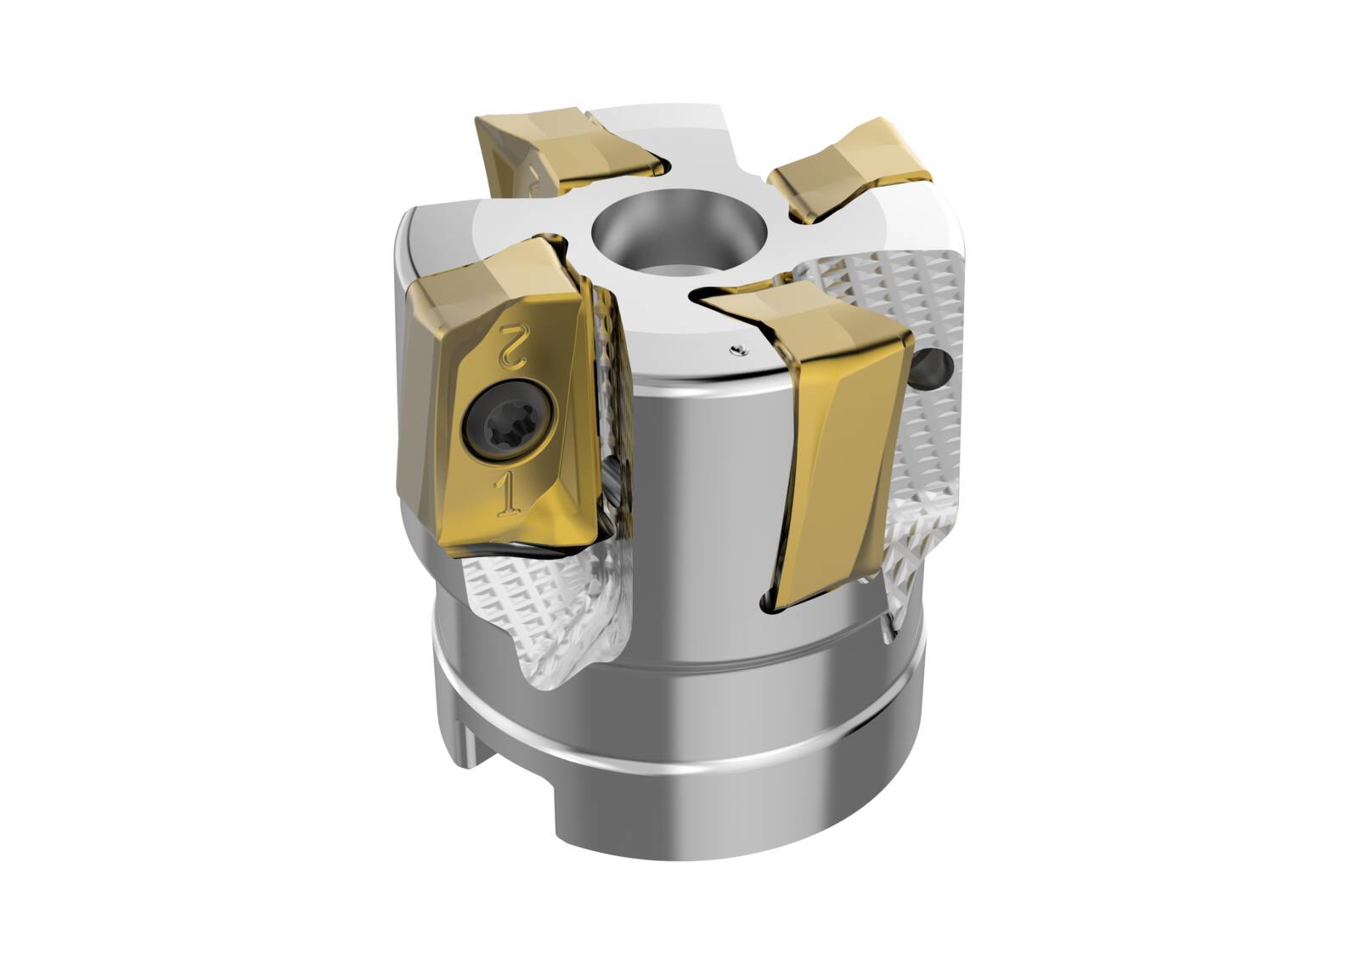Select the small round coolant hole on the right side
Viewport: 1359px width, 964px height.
tap(935, 367)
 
